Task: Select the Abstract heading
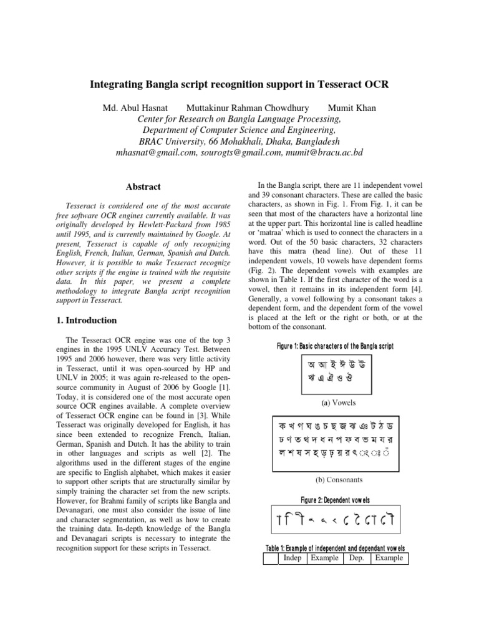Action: click(x=143, y=187)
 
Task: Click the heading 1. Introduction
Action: click(x=86, y=320)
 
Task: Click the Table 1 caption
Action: click(x=335, y=548)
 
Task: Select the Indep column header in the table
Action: click(x=292, y=558)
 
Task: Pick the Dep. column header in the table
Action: click(x=356, y=558)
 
